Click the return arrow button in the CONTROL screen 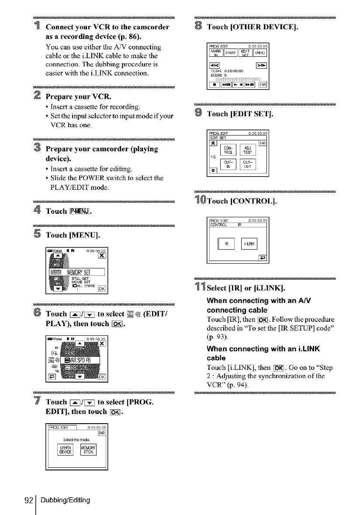point(263,257)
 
